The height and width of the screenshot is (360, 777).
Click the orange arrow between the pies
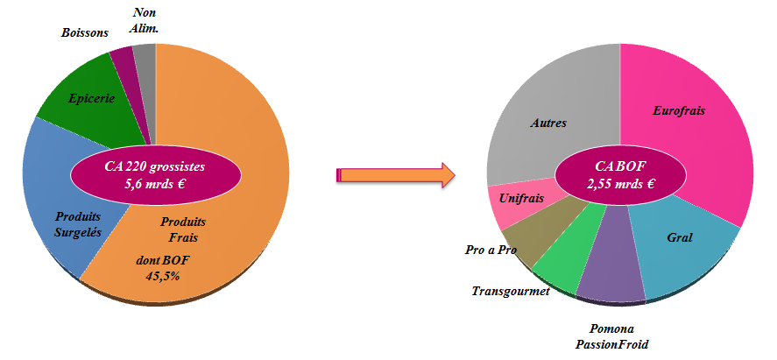pyautogui.click(x=395, y=175)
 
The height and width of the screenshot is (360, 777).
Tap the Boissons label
pyautogui.click(x=85, y=33)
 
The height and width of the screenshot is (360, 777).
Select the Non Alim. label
pyautogui.click(x=144, y=21)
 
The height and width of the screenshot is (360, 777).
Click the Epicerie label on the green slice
pyautogui.click(x=92, y=99)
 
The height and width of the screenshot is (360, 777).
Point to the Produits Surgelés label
pyautogui.click(x=78, y=224)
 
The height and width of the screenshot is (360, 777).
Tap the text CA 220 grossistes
pyautogui.click(x=154, y=166)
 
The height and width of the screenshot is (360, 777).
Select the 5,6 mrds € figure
pyautogui.click(x=154, y=184)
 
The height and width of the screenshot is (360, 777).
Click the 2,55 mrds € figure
pyautogui.click(x=621, y=184)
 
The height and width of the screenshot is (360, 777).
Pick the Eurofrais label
pyautogui.click(x=678, y=111)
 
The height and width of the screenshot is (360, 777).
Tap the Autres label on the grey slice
pyautogui.click(x=548, y=123)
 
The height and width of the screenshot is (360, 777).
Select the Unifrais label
pyautogui.click(x=521, y=199)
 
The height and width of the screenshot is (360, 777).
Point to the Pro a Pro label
pyautogui.click(x=491, y=250)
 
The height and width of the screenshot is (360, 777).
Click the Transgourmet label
pyautogui.click(x=511, y=291)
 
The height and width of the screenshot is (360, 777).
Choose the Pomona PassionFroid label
pyautogui.click(x=612, y=335)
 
